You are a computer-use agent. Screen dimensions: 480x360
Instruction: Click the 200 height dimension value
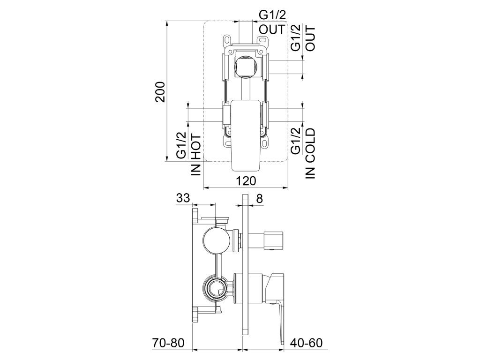coord(160,91)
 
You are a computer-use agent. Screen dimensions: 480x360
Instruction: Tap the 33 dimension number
coord(183,198)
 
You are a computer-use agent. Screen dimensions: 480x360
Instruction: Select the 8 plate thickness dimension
coord(259,199)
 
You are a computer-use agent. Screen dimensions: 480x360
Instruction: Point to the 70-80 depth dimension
coord(168,343)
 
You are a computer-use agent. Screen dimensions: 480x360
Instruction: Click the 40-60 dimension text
coord(306,343)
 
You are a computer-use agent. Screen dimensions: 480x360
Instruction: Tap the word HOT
coord(196,147)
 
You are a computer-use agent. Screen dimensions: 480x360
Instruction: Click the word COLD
coord(310,145)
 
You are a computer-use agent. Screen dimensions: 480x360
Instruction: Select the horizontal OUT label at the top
coord(272,30)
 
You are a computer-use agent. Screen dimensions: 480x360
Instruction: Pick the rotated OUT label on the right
coord(310,38)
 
